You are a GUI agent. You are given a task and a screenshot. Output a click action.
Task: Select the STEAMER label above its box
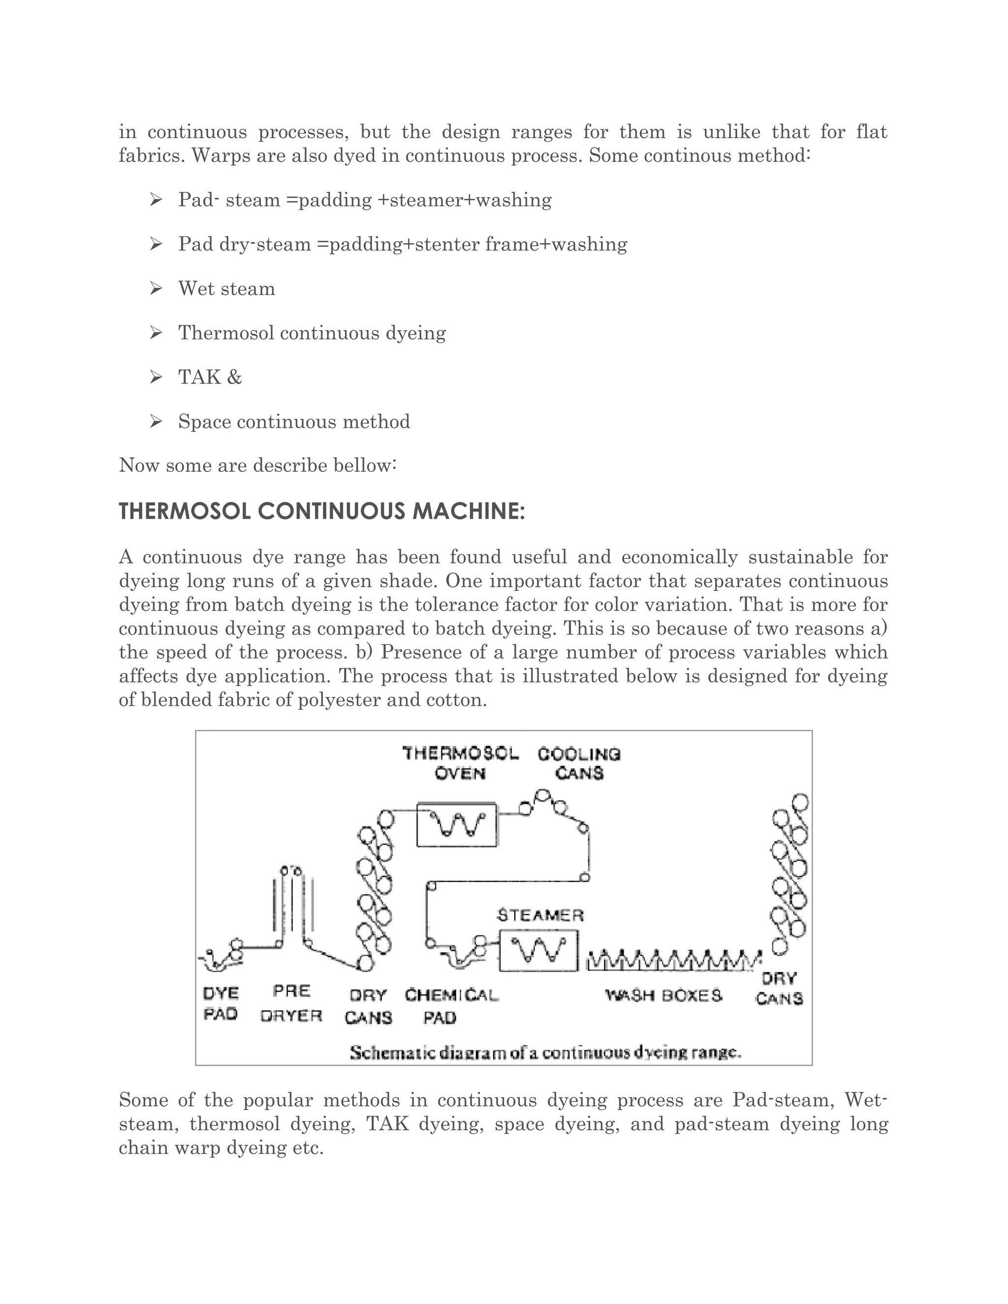(540, 915)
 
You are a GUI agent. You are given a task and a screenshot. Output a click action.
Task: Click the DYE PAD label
(221, 1003)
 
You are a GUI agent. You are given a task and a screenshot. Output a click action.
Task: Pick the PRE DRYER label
(291, 1003)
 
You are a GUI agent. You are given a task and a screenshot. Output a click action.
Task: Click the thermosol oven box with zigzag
(457, 825)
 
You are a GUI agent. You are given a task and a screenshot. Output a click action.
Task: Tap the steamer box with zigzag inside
(538, 950)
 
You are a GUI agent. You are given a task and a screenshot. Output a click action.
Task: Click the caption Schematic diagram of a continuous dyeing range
(545, 1053)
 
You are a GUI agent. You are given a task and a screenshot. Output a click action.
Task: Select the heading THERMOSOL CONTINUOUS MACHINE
(322, 512)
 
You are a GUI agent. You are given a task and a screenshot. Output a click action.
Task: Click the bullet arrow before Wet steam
(156, 289)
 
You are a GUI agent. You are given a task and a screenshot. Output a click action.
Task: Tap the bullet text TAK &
(210, 377)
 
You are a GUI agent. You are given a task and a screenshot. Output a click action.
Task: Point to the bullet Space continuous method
(294, 422)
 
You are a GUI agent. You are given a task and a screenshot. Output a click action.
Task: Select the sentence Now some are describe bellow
(257, 465)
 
